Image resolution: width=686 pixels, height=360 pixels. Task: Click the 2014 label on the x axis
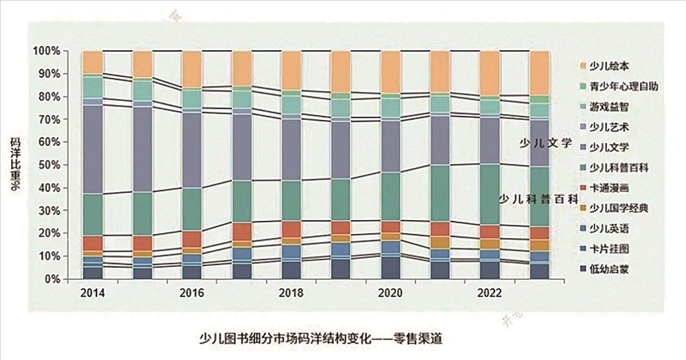click(91, 292)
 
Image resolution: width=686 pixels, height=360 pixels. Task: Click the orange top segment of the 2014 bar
click(92, 62)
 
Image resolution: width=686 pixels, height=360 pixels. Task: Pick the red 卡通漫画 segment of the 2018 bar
click(291, 229)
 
